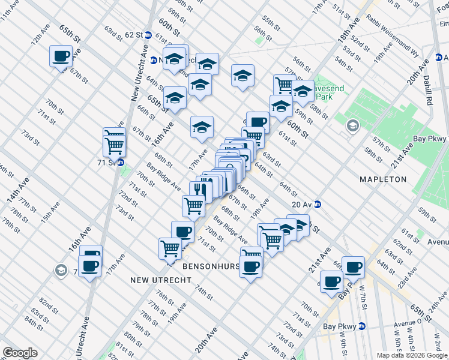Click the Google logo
pos(20,353)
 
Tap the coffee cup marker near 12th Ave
pos(61,56)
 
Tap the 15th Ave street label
pos(50,212)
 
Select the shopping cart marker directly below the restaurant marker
pos(193,206)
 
